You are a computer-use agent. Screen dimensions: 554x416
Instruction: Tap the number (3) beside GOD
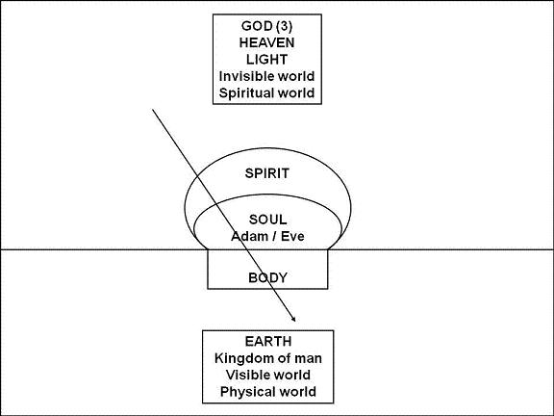point(285,26)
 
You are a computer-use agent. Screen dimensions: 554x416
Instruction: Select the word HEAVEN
point(266,42)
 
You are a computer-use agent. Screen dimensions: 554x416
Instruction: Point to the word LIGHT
point(266,60)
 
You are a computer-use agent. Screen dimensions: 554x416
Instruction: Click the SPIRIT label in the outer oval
point(267,173)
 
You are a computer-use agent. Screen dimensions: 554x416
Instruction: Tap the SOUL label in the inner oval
point(267,220)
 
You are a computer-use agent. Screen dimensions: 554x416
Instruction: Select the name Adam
point(249,236)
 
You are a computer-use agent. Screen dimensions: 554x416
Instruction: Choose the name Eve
point(292,236)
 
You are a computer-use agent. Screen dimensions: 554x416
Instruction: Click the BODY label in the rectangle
point(267,277)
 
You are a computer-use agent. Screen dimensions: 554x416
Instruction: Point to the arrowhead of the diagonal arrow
point(294,320)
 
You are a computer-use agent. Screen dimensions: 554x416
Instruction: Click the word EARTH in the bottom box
point(268,341)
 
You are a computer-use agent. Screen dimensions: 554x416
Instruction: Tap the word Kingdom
point(243,358)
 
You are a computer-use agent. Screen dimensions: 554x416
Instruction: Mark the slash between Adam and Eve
point(274,237)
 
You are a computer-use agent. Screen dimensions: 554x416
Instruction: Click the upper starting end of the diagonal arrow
point(153,110)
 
